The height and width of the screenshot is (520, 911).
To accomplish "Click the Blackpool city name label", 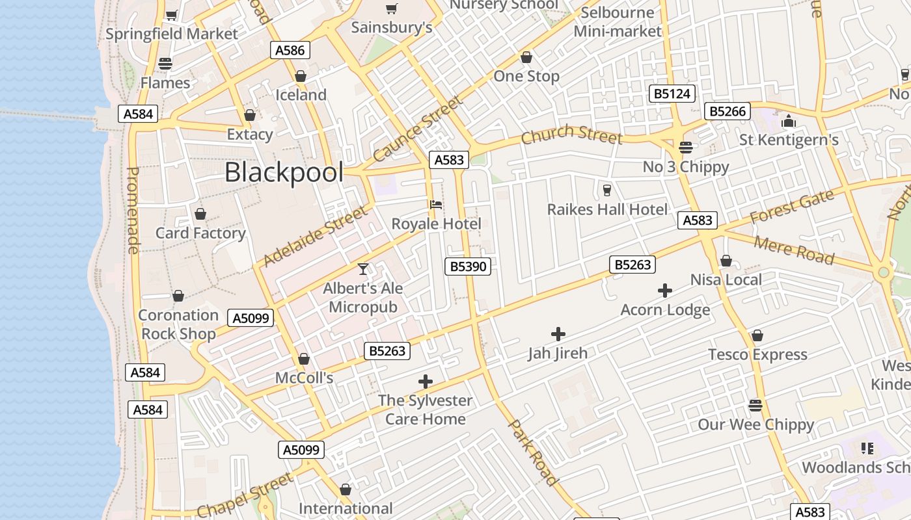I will [x=284, y=173].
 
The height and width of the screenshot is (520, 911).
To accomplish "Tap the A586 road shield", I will [x=290, y=50].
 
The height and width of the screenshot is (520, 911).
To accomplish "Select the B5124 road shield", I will [x=672, y=94].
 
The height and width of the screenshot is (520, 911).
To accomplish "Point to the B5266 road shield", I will [x=727, y=111].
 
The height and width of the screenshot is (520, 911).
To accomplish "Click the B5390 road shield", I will [x=468, y=266].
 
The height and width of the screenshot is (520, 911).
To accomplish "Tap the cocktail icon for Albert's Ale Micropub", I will [x=363, y=268].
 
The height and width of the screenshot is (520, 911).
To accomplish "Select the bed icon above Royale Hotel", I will [x=436, y=205].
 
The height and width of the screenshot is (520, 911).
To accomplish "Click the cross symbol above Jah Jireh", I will [x=558, y=334].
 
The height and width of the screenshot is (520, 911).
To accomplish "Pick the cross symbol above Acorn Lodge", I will [x=664, y=291].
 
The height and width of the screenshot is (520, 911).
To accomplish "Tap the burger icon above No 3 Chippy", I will [x=685, y=148].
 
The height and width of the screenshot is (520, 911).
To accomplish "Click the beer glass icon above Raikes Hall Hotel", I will [x=606, y=190].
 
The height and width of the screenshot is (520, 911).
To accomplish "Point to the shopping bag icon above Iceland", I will [x=301, y=76].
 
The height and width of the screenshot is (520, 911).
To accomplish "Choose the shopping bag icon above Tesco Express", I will [x=757, y=335].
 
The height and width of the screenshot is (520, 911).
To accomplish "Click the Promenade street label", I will [x=133, y=210].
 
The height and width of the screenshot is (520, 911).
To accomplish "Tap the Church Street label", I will [x=571, y=134].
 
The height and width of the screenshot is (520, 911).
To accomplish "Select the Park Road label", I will [x=533, y=453].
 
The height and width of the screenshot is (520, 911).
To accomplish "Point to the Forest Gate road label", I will [x=791, y=207].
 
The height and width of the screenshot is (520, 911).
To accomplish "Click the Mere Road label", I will [x=794, y=250].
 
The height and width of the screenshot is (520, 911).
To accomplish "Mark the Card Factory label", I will [x=200, y=233].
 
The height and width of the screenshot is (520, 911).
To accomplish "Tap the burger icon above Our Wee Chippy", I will [x=755, y=406].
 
